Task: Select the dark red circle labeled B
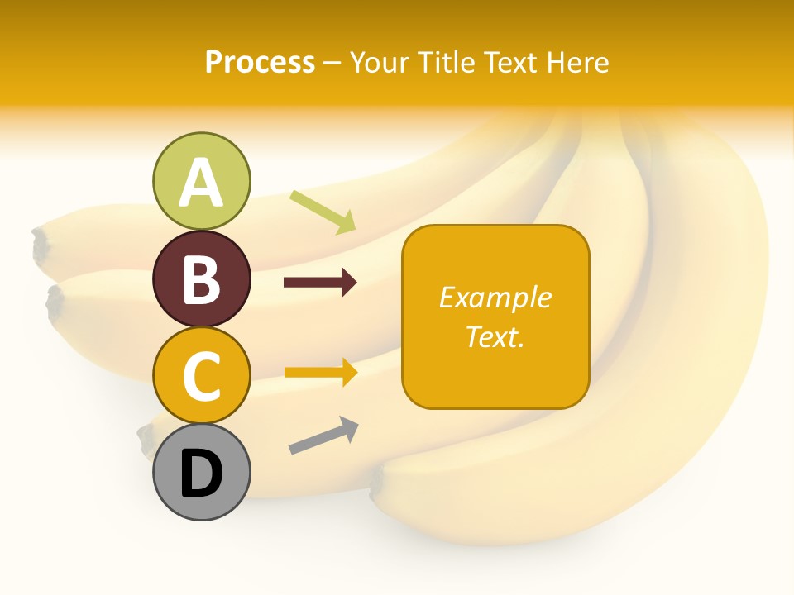(x=201, y=278)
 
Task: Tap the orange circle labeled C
(x=201, y=375)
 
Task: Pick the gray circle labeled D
(x=201, y=472)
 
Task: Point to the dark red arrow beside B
(x=320, y=283)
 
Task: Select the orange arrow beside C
(x=320, y=373)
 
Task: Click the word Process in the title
(x=260, y=63)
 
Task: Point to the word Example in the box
(x=495, y=297)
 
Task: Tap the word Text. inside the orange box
(x=495, y=336)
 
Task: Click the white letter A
(x=201, y=183)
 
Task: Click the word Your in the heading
(x=379, y=63)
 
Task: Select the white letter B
(x=201, y=279)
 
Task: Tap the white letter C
(x=201, y=376)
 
